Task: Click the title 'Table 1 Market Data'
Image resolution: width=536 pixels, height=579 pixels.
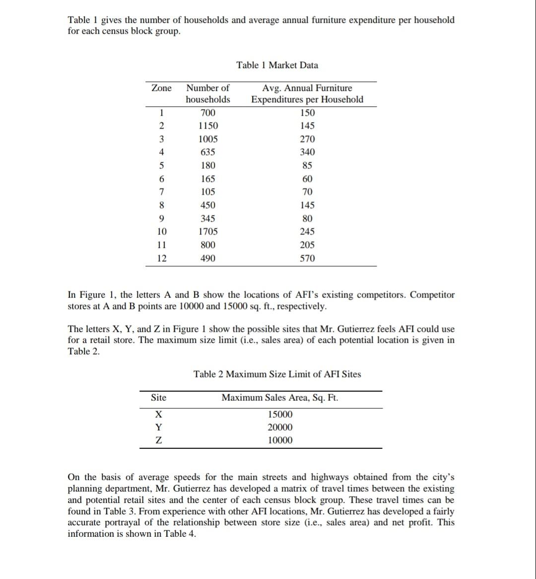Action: (277, 65)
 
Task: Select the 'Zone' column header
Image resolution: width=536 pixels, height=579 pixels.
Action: (161, 88)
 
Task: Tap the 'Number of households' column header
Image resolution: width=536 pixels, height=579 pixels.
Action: (207, 94)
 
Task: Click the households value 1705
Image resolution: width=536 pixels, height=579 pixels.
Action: (207, 232)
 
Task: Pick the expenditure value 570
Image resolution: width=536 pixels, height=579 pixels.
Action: (307, 258)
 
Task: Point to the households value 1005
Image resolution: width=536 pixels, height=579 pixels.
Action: (207, 140)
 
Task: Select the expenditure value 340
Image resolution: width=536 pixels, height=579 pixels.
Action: (307, 152)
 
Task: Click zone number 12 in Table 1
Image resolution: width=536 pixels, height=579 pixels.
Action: (162, 258)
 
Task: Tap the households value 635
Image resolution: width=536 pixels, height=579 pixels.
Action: (207, 152)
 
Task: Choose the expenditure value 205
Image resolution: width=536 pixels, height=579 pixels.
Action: (307, 245)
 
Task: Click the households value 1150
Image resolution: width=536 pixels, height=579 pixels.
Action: (207, 126)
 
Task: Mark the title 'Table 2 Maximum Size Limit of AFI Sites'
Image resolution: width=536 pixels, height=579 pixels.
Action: (277, 374)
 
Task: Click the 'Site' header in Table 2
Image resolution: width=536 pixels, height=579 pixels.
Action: (158, 397)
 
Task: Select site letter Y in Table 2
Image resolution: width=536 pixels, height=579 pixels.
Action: (158, 428)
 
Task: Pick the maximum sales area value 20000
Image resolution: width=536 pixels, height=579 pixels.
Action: (280, 428)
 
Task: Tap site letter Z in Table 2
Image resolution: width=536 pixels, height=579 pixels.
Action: (158, 440)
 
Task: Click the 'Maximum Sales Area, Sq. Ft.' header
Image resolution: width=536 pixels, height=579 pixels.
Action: (280, 397)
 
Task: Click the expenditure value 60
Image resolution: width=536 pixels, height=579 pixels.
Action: (307, 179)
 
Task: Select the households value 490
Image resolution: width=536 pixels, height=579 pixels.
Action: (207, 258)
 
